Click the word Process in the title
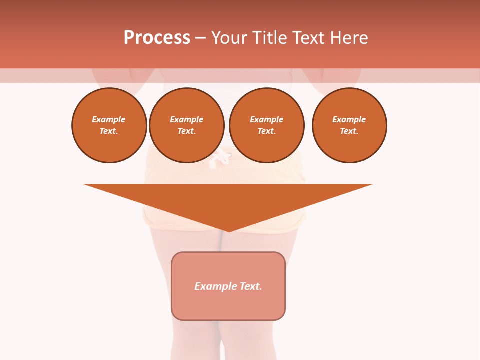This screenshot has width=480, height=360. tap(157, 38)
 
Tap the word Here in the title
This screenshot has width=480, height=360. tap(349, 38)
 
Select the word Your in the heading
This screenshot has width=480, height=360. tap(228, 38)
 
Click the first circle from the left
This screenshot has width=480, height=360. tap(109, 125)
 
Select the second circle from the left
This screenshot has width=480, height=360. tap(186, 125)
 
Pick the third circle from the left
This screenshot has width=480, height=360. tap(266, 125)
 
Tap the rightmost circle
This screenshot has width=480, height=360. tap(349, 125)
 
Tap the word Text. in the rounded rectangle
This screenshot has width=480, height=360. tap(250, 286)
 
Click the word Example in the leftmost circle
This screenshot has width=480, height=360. tap(109, 120)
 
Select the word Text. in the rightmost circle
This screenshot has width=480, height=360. tap(349, 131)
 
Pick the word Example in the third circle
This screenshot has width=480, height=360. tap(266, 120)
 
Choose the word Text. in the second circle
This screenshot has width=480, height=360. tap(186, 131)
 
